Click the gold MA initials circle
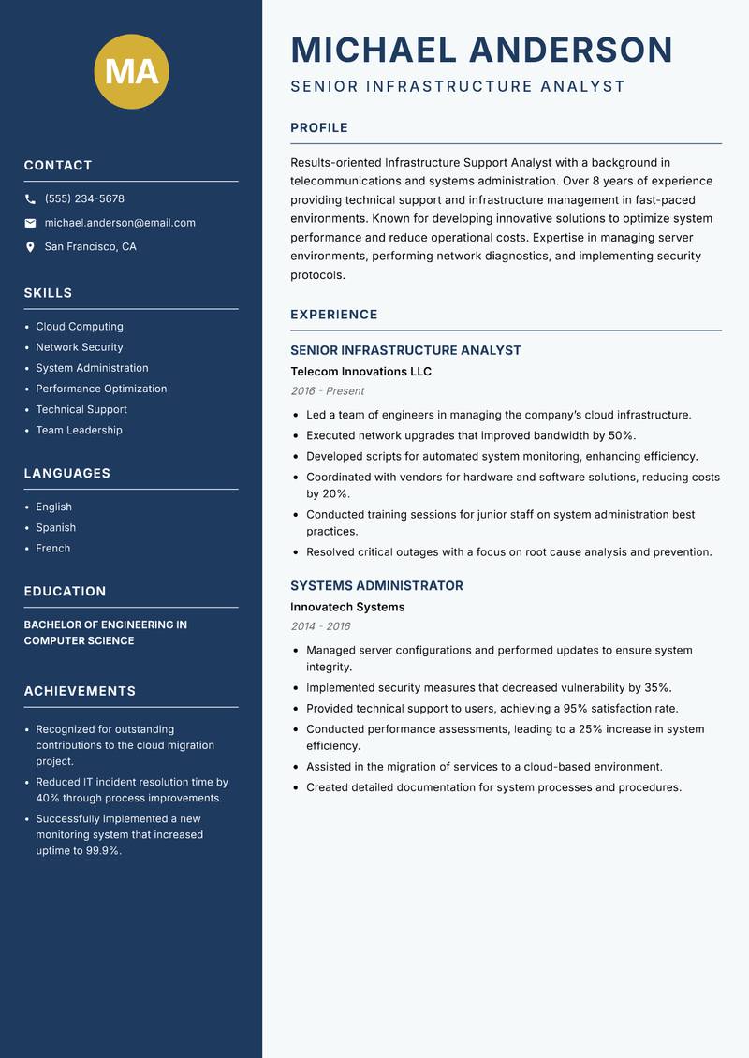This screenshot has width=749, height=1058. tap(132, 71)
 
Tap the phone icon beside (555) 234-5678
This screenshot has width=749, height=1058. tap(31, 199)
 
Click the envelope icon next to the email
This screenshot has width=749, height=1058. tap(31, 223)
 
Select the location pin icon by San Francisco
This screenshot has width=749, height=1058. tap(31, 247)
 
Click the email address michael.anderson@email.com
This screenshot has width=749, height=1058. tap(120, 223)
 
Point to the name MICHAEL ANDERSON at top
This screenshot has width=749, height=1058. tap(481, 50)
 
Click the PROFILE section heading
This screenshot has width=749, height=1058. tap(318, 128)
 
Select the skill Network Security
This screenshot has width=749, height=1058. tap(80, 347)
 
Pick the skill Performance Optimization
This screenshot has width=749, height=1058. tap(101, 389)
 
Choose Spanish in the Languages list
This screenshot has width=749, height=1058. tap(56, 527)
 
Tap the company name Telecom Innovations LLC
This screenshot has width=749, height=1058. tap(360, 372)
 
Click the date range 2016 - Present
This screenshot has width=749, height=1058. tap(327, 391)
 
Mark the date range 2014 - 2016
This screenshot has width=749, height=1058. tap(319, 626)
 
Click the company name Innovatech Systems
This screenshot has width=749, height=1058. tap(347, 607)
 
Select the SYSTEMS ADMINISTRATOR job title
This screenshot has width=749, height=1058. tap(376, 586)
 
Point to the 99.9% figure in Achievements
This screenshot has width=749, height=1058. tap(104, 851)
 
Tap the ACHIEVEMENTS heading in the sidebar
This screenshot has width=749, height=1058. tap(80, 691)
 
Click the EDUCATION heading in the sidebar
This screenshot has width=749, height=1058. tap(65, 592)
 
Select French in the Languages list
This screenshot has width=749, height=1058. tap(53, 549)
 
